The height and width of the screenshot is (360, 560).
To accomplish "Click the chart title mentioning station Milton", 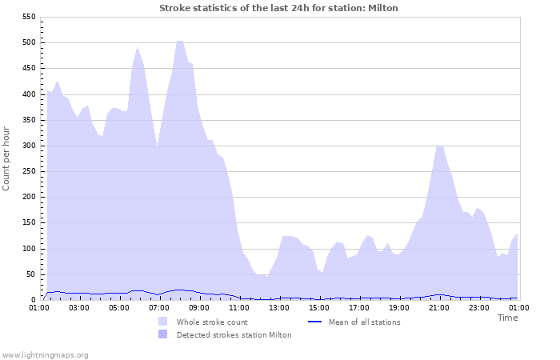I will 278,8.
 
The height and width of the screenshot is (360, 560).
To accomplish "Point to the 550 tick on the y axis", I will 29,17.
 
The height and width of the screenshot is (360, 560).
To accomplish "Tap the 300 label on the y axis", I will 29,146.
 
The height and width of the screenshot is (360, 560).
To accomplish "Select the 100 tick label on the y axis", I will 29,249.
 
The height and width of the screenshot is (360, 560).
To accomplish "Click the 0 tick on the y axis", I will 34,300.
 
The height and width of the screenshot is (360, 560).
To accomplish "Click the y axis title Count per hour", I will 7,158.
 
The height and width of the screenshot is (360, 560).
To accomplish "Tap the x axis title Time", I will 507,318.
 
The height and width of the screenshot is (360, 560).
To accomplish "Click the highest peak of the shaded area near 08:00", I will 180,41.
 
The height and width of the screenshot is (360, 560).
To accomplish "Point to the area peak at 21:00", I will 439,146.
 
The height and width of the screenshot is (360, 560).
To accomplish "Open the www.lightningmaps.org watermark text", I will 45,354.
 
